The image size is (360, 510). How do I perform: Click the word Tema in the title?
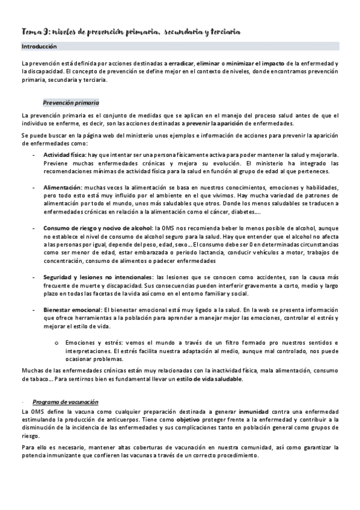coord(29,31)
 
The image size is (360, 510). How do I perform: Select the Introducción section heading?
coord(39,46)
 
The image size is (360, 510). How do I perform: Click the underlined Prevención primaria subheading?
coord(72,103)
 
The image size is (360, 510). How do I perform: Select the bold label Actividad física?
coord(63,155)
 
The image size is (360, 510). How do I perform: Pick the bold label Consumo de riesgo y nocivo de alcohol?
coord(97,229)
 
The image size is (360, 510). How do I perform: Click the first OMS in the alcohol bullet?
coord(177,229)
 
